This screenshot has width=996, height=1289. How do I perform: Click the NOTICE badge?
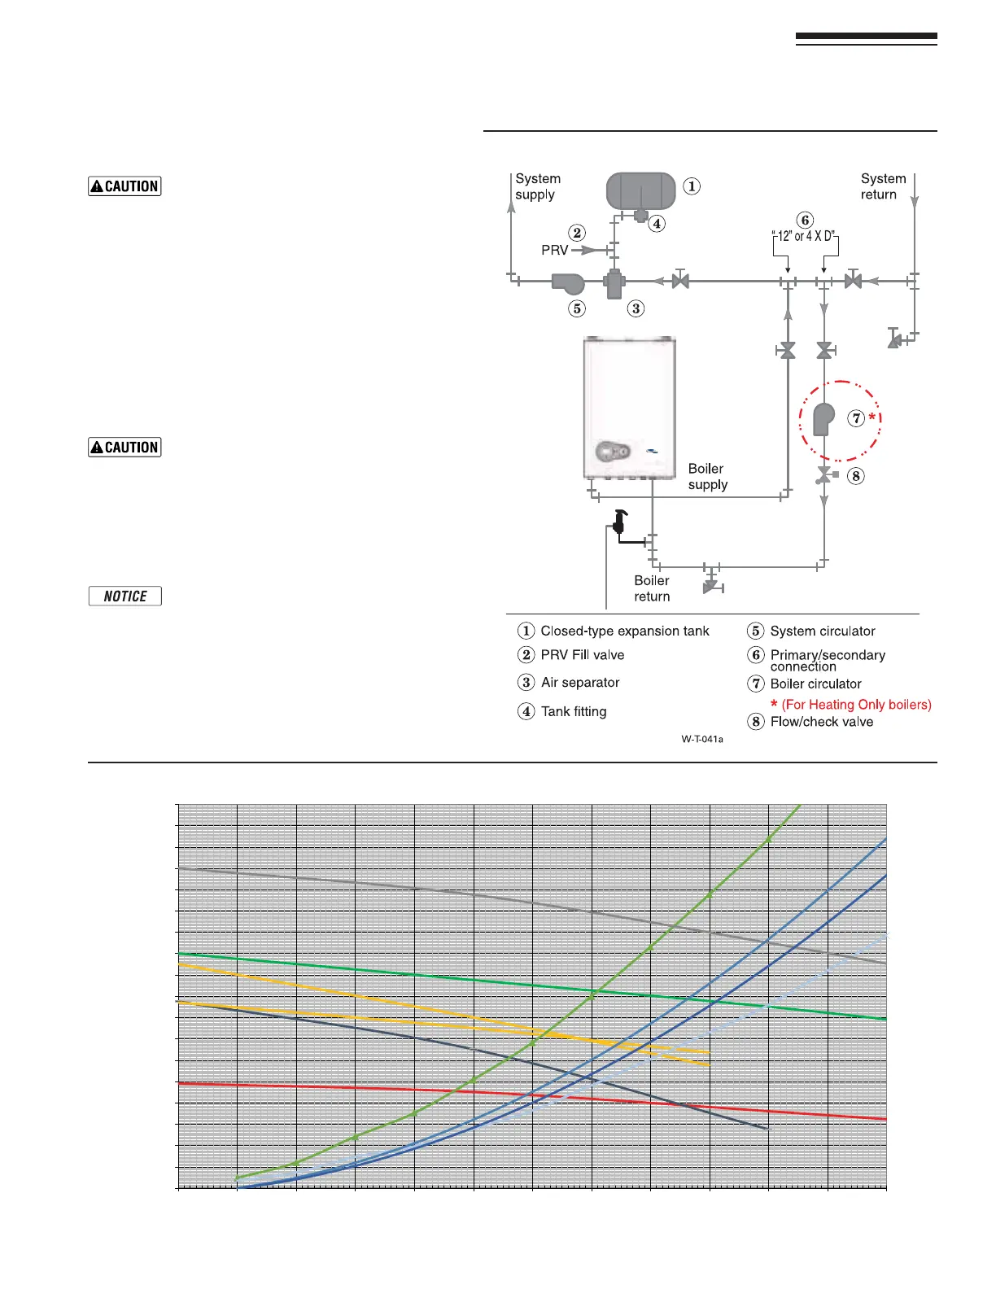(124, 596)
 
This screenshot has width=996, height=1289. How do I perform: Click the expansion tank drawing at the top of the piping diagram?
(640, 191)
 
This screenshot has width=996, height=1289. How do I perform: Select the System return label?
(883, 186)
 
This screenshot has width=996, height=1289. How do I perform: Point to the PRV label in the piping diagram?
(554, 250)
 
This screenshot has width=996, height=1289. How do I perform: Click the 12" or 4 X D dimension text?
(804, 236)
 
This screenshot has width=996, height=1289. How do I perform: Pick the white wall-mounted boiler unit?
(629, 407)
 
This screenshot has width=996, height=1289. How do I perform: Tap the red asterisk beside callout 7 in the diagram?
(872, 417)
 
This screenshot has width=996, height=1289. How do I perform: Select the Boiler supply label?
(707, 476)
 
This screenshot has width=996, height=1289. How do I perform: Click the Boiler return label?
(652, 588)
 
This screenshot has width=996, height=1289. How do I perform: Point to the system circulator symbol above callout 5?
(568, 282)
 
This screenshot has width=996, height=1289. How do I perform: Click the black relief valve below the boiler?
(620, 521)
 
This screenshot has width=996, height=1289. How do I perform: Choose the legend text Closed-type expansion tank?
(624, 631)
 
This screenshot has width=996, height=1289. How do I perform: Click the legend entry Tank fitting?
(573, 711)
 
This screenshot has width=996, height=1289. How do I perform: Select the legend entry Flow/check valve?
(821, 722)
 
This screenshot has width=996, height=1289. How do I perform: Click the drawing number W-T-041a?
(702, 739)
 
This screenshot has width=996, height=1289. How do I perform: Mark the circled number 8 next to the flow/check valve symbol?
(855, 476)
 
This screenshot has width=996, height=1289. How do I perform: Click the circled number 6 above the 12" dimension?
(805, 220)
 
